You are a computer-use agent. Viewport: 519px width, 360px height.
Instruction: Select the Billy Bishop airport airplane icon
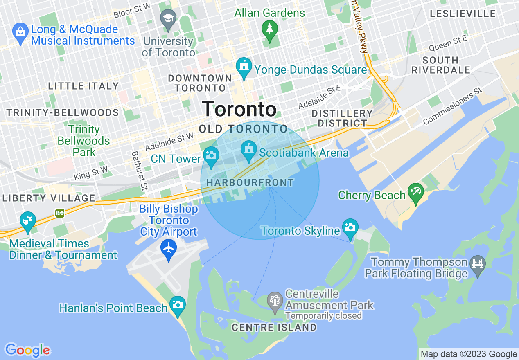tap(169, 248)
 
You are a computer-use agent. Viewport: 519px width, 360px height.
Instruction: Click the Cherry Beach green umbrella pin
tap(416, 193)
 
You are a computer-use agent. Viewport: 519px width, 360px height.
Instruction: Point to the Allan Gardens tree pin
tap(270, 29)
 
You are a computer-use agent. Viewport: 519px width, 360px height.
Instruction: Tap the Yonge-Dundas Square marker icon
tap(244, 67)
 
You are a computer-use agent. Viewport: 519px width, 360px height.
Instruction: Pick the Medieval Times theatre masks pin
tap(28, 221)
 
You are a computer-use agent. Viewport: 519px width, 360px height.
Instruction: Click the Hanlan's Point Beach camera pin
tap(178, 305)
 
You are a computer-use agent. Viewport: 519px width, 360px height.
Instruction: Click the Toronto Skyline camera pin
tap(350, 228)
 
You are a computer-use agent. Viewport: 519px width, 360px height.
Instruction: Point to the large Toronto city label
tap(239, 109)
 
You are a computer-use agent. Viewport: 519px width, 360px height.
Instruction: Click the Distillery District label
tap(342, 118)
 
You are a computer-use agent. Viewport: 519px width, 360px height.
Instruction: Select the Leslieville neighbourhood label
tap(463, 13)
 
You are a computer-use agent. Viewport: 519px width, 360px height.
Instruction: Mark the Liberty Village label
tap(49, 198)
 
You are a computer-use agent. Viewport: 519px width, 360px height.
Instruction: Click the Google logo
tap(28, 350)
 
